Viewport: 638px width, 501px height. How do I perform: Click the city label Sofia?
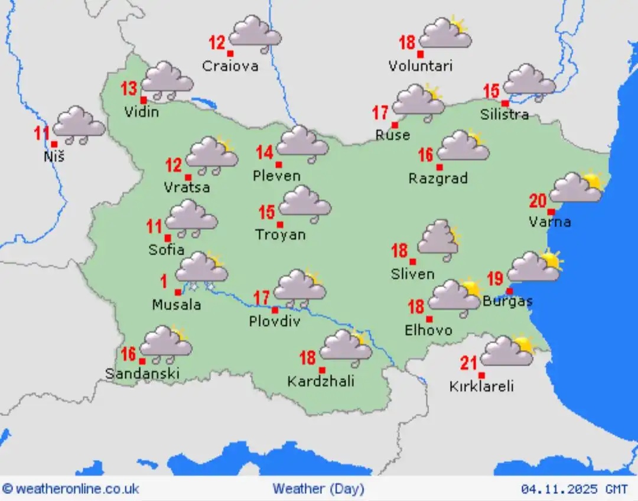point(166,250)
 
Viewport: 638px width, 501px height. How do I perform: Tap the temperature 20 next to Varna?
point(538,201)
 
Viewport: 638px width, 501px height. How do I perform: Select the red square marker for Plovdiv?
point(275,310)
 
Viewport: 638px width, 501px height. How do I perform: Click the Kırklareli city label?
point(481,386)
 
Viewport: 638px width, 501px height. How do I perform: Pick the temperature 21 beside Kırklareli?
point(468,363)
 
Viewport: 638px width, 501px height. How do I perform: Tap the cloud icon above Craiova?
point(255,33)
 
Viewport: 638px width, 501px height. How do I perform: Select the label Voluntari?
point(420,66)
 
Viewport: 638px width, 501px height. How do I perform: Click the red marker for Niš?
point(54,144)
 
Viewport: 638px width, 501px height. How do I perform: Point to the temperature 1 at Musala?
point(163,281)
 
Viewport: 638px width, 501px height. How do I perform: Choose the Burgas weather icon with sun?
point(534,266)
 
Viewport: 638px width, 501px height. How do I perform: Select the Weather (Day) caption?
point(318,489)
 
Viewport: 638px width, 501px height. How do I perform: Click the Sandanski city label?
point(142,373)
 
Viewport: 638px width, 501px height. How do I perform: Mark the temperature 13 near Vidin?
point(129,89)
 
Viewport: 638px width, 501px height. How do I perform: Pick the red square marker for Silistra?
point(505,103)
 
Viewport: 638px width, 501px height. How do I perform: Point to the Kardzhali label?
point(321,382)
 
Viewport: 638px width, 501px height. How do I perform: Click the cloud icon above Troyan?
point(304,203)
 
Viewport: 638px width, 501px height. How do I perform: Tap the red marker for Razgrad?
point(439,167)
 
